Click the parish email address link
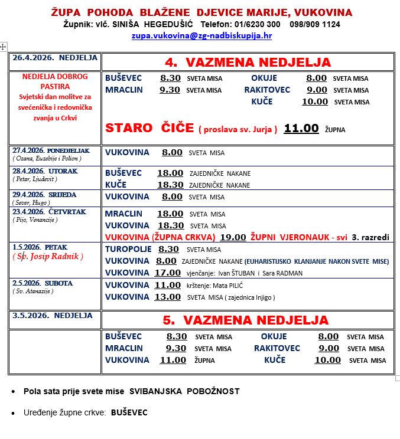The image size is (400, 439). pos(201,35)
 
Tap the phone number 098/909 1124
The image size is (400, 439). pos(315,24)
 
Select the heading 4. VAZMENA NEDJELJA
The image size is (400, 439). pos(247,63)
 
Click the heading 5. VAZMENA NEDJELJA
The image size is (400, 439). pos(245,320)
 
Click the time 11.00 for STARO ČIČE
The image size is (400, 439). pos(301,128)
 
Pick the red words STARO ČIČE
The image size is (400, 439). pos(149,128)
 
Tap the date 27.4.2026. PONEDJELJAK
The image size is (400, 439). pos(51,150)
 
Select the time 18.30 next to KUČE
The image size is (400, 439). pos(170,185)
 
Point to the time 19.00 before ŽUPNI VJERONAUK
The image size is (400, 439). pos(232,237)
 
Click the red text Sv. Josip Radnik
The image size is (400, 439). pos(48,256)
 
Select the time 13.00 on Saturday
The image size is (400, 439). pos(167,297)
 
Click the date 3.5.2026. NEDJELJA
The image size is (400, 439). pos(48,316)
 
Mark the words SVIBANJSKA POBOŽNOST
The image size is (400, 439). pos(184,391)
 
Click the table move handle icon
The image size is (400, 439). pos(4,46)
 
